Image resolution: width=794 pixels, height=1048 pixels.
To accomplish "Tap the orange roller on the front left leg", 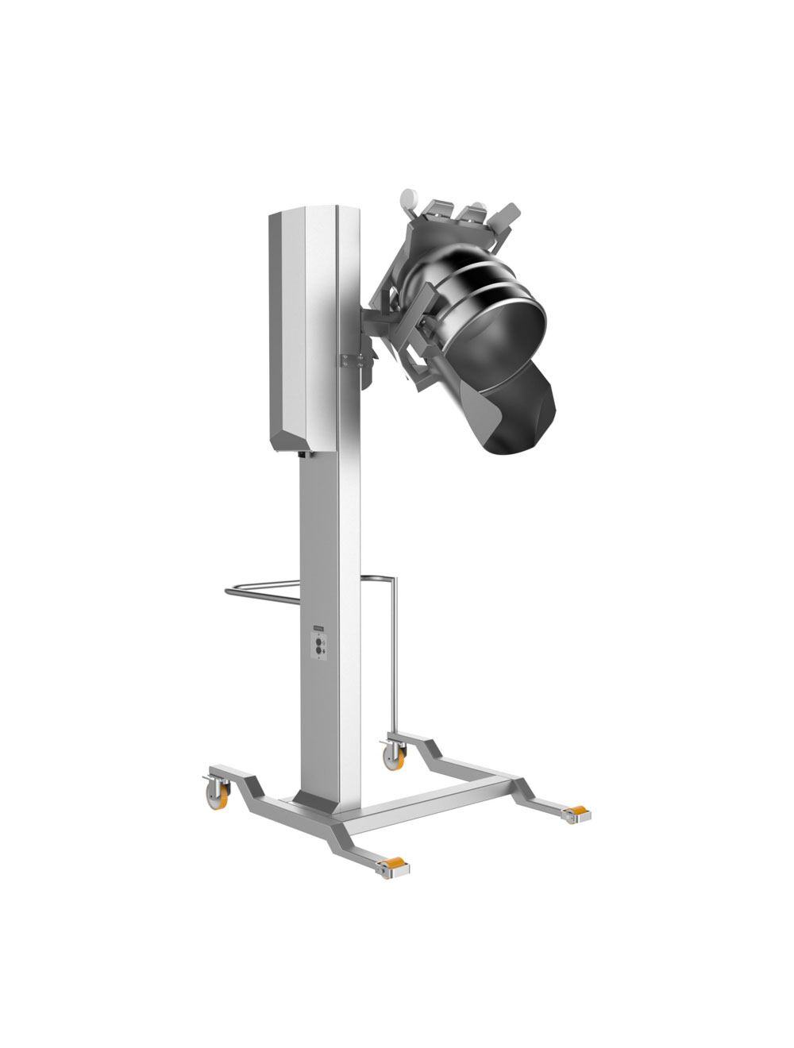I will tap(392, 867).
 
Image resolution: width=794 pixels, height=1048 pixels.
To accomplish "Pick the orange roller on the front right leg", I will tap(576, 812).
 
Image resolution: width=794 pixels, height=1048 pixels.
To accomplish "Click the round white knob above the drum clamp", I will tap(408, 196).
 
